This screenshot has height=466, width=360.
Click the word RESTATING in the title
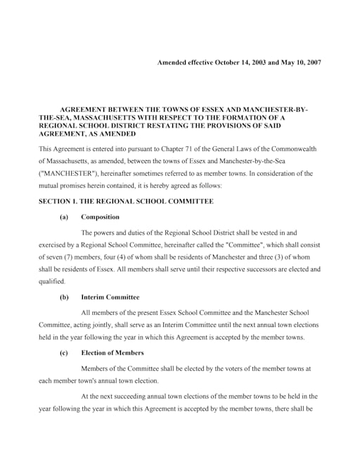coord(163,126)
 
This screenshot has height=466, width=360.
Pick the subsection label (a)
coord(64,217)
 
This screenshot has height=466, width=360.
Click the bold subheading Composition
coord(101,217)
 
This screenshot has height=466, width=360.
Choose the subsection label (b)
coord(64,297)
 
